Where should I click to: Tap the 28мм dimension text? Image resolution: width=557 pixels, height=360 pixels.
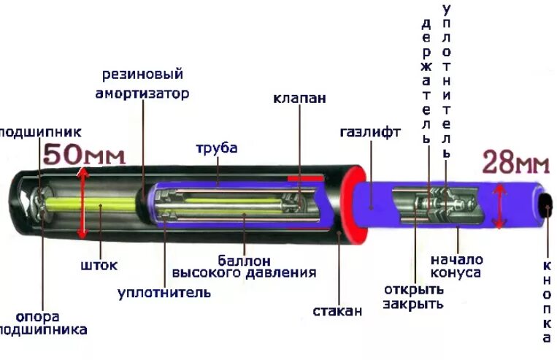(x=515, y=162)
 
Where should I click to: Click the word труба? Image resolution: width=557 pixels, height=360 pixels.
(x=216, y=148)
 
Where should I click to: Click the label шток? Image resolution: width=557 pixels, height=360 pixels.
(x=99, y=265)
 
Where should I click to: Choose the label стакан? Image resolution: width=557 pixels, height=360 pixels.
(x=337, y=311)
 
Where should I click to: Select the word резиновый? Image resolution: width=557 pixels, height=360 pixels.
(x=142, y=74)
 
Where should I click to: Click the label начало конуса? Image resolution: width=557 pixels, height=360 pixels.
(x=456, y=266)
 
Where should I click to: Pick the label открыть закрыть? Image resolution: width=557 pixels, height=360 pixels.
(x=413, y=296)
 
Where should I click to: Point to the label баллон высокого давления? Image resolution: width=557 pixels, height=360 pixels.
(x=244, y=267)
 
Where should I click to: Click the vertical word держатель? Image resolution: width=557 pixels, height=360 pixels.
(x=426, y=80)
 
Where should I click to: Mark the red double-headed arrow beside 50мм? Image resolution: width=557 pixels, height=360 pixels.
(x=82, y=203)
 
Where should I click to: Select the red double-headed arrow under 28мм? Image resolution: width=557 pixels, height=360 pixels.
(x=499, y=207)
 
